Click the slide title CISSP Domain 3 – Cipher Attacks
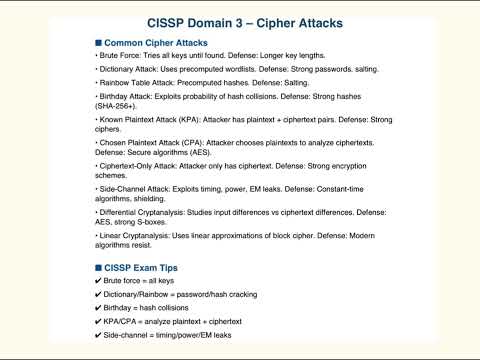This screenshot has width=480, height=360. coord(239,22)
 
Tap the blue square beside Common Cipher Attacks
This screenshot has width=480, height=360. coord(97,44)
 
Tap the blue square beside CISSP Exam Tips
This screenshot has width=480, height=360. coord(97,268)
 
